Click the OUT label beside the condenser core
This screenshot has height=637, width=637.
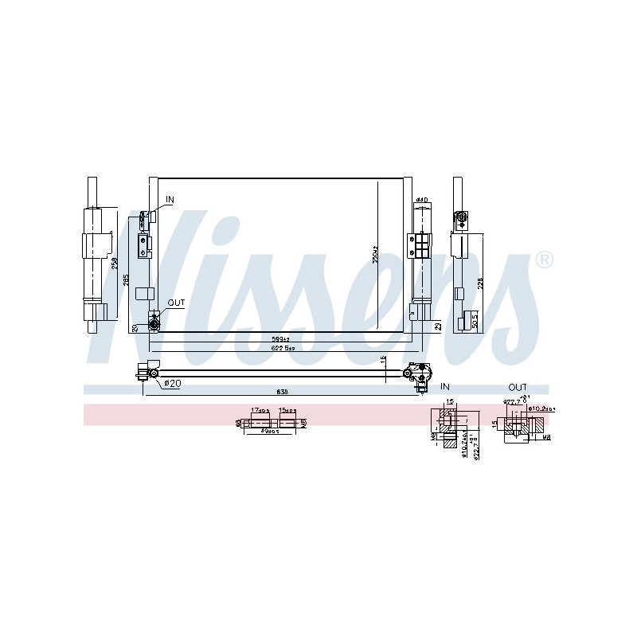point(175,303)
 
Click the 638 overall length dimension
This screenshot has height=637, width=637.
point(283,392)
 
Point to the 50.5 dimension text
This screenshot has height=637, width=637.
point(475,318)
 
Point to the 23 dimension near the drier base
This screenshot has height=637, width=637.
point(438,326)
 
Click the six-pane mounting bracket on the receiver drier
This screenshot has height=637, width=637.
point(419,244)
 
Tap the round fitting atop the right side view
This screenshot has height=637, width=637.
point(460,217)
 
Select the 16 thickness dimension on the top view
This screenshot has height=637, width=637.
point(384,361)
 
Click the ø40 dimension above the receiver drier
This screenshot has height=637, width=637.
point(423,199)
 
